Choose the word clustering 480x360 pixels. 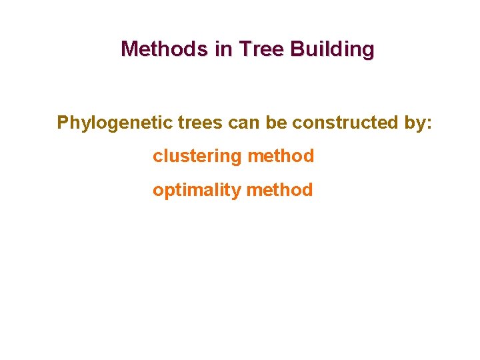coord(197,157)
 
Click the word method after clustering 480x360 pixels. coord(280,157)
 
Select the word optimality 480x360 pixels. coord(197,191)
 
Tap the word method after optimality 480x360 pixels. coord(279,191)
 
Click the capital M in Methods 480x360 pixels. coord(129,49)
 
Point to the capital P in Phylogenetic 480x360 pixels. coord(63,123)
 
